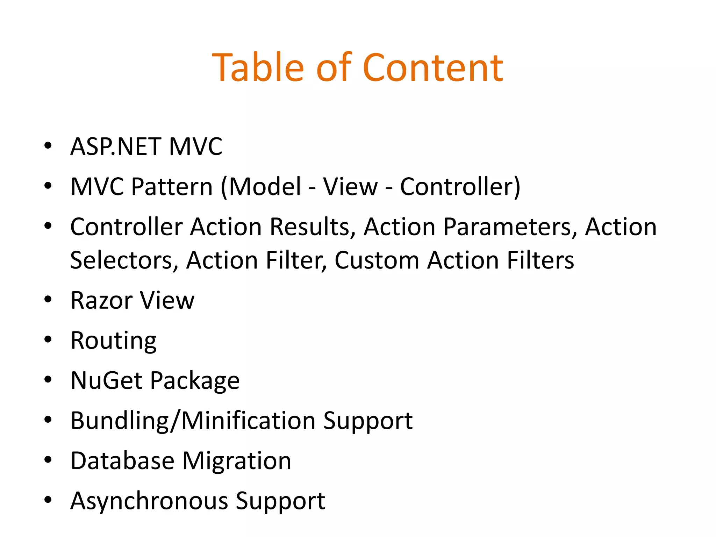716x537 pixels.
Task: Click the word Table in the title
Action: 258,68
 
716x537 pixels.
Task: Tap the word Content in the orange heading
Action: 433,68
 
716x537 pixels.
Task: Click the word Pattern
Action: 172,187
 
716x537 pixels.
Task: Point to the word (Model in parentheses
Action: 261,187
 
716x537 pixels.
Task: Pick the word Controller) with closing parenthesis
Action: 460,187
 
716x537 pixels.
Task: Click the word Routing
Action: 113,341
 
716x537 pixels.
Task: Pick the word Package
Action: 195,381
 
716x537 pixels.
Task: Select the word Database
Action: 122,461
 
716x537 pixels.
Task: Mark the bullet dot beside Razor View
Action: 48,300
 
